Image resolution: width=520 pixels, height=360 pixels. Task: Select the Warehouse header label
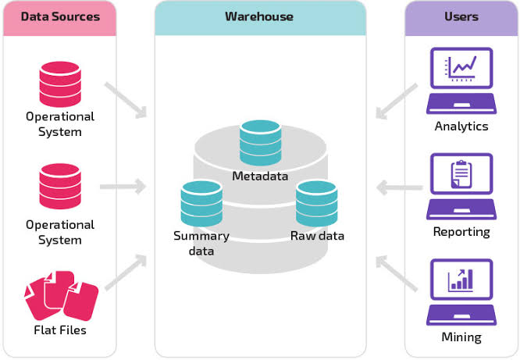point(259,16)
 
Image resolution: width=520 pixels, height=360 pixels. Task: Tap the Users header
point(461,16)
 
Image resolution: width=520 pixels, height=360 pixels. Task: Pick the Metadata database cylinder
point(260,143)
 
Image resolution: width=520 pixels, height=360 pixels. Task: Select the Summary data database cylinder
point(201,204)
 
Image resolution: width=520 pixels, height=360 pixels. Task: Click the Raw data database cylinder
point(316,203)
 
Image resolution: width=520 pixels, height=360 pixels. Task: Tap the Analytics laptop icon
point(461,80)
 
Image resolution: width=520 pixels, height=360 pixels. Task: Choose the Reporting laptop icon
point(461,187)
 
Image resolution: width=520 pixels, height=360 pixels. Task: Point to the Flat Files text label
point(60,330)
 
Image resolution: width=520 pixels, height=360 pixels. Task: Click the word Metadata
point(260,176)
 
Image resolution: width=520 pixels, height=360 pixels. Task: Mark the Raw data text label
point(317,236)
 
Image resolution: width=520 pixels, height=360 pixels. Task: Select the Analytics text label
point(461,127)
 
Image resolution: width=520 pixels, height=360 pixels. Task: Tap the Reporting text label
point(461,232)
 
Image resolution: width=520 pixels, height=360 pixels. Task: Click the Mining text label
point(461,338)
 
